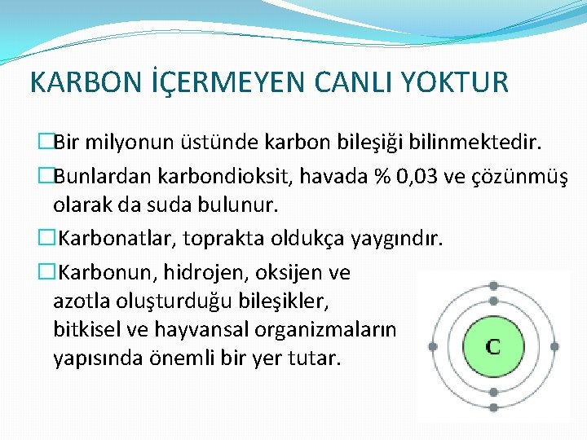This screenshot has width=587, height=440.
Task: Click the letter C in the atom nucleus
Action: click(493, 345)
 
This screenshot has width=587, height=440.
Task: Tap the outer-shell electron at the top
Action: click(493, 286)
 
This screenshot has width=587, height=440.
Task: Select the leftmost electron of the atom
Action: click(433, 346)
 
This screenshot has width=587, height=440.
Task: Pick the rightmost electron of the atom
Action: click(554, 346)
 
